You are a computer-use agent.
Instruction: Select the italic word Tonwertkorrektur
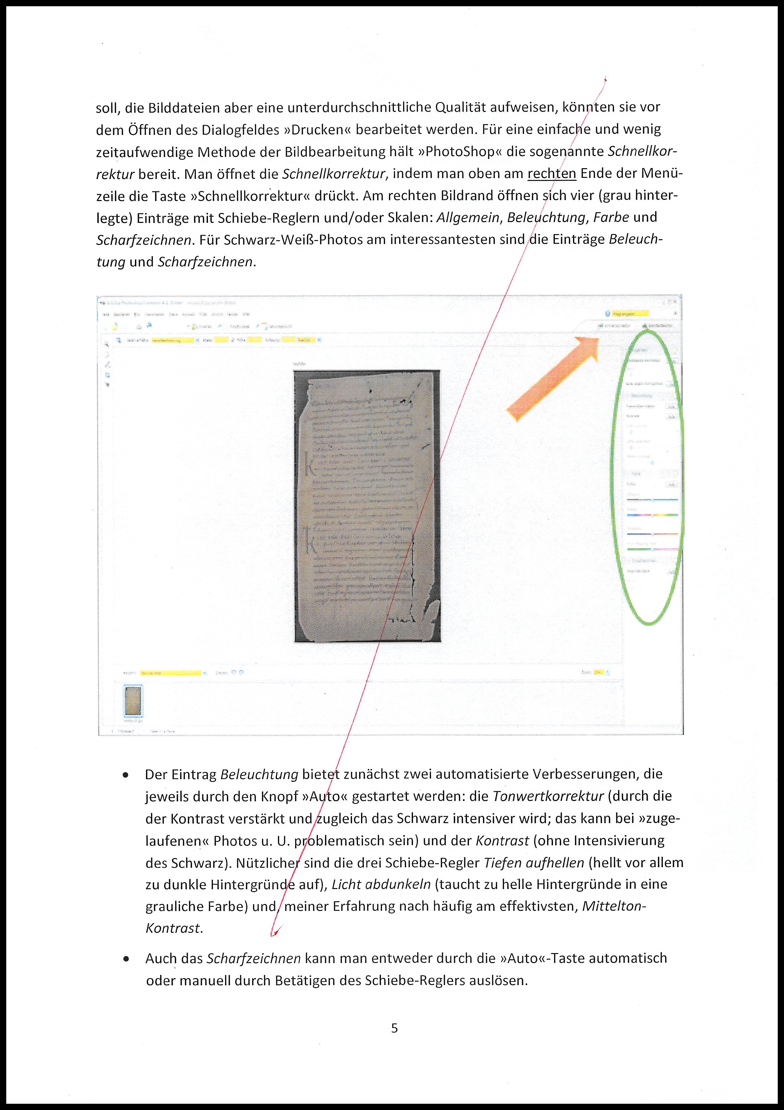coord(548,796)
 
